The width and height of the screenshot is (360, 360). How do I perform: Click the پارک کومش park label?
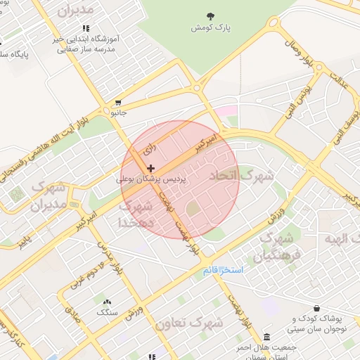212,27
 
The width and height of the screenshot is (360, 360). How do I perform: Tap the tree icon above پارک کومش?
211,15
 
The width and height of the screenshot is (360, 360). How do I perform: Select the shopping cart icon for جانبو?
118,102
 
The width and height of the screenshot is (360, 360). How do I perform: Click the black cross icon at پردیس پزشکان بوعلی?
152,169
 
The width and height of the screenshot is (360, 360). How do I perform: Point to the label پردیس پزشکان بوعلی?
153,180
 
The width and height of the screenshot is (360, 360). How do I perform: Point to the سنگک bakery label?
107,311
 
